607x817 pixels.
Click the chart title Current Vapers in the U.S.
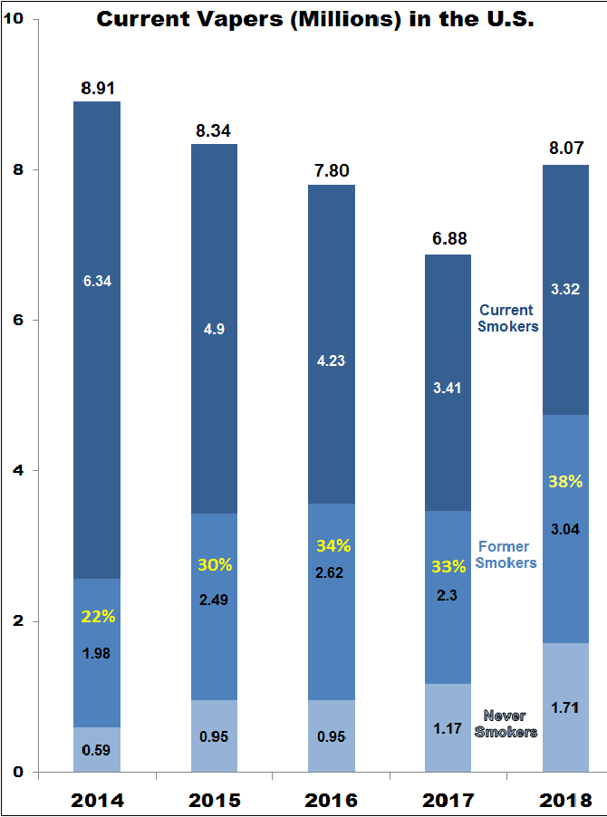(x=314, y=19)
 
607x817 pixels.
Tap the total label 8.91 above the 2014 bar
(x=97, y=89)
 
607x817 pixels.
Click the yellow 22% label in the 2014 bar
(x=98, y=616)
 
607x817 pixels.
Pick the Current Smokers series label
(x=508, y=318)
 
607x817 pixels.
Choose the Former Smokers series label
(x=506, y=554)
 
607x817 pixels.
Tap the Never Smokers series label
(x=506, y=724)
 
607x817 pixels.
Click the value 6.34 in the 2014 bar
(x=97, y=281)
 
